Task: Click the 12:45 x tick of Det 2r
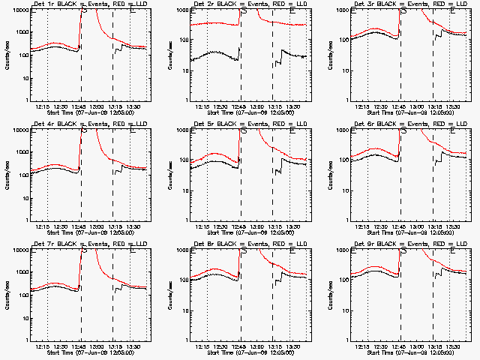point(239,106)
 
